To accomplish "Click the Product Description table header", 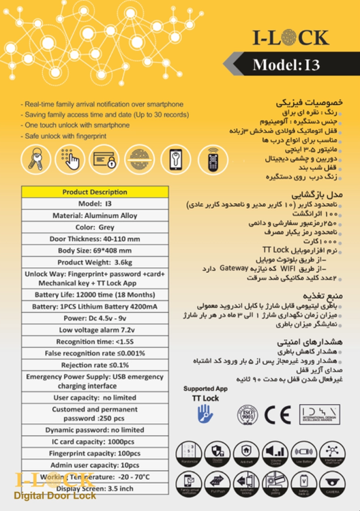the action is (95, 192).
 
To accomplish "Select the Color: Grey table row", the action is (95, 227).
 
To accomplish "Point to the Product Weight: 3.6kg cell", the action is (95, 262).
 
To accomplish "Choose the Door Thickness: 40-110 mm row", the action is (95, 238).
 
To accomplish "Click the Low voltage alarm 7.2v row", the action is (95, 329).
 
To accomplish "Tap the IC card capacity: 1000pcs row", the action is (95, 442).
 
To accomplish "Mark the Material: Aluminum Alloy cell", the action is (95, 215).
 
